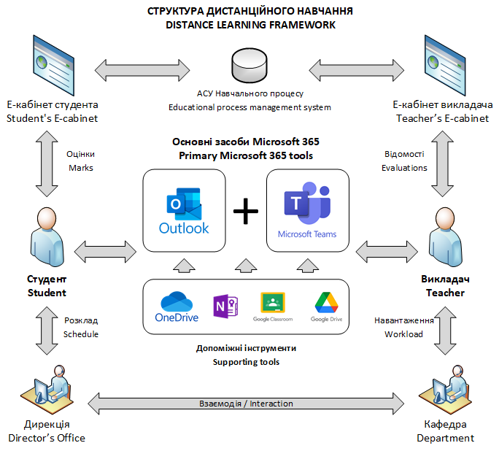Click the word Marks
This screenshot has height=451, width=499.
[x=80, y=168]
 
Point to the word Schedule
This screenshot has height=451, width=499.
[x=80, y=334]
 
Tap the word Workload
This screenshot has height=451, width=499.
[x=403, y=334]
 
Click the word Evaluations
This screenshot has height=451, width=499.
[x=404, y=168]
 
